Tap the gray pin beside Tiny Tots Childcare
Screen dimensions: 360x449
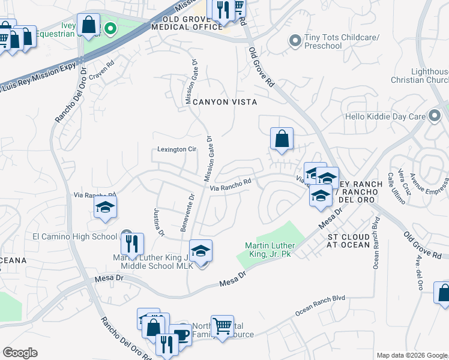[x=294, y=41]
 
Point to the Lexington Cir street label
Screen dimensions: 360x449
[x=177, y=149]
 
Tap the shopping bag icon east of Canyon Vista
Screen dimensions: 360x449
[x=282, y=139]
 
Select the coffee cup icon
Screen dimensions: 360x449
[x=179, y=334]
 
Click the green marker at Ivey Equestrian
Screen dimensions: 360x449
[x=110, y=28]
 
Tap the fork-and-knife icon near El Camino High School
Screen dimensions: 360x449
[x=132, y=244]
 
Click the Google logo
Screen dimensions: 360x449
[x=20, y=353]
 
